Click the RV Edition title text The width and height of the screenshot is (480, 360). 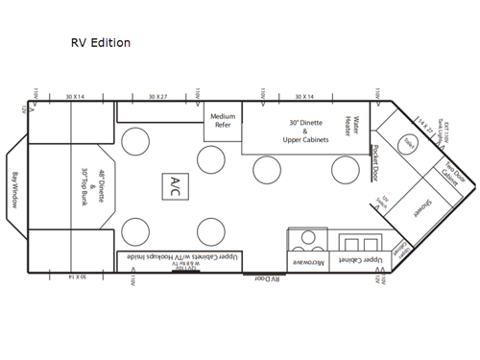101,43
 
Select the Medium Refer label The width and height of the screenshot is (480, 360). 223,121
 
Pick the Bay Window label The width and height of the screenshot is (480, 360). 16,183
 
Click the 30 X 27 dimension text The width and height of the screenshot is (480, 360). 158,97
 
